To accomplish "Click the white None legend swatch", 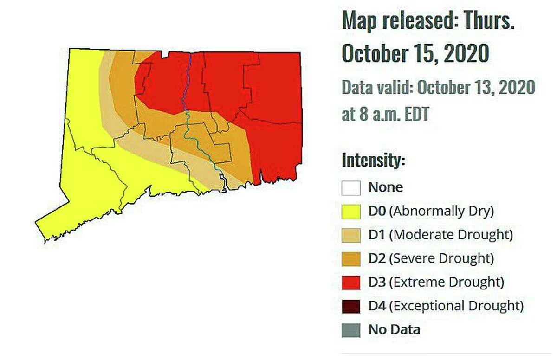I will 351,188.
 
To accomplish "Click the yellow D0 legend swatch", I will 351,212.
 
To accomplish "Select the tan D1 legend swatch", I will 351,235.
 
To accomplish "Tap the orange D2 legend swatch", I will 351,258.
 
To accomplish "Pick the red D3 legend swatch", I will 351,282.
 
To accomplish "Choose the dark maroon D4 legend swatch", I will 351,306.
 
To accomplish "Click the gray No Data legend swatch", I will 351,330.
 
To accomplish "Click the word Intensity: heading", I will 374,161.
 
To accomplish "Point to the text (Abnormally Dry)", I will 441,211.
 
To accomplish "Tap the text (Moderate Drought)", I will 451,235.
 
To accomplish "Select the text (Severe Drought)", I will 441,258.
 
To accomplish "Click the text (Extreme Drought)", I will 446,282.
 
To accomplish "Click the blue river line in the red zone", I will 186,84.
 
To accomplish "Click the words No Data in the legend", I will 394,330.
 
